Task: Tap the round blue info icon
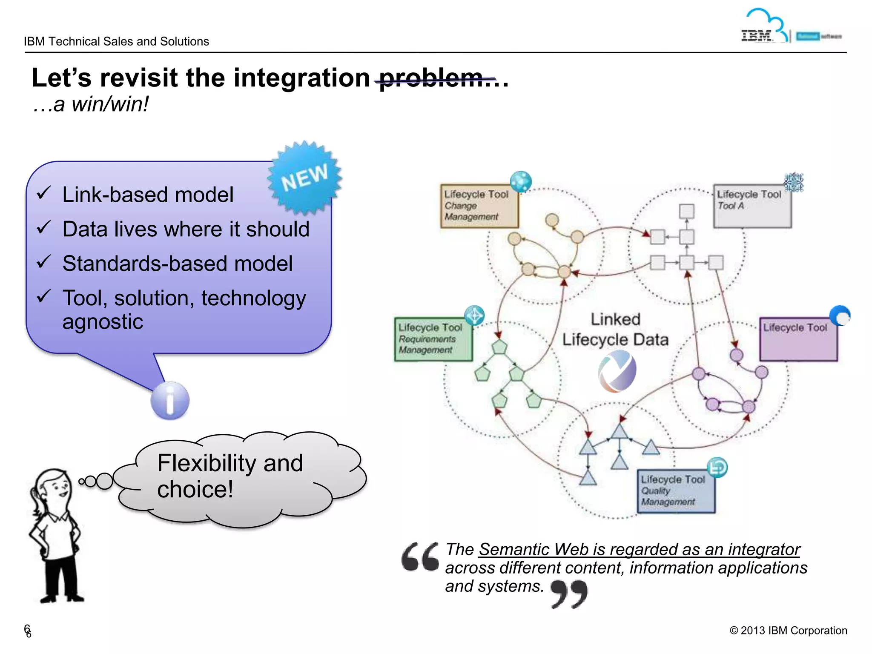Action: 170,400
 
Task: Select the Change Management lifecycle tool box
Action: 479,206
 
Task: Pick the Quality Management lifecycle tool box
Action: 676,491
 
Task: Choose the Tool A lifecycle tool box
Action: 752,206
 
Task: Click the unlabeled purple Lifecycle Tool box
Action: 798,339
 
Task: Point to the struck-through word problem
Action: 431,78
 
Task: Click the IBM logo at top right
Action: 756,36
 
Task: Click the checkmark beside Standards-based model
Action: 44,261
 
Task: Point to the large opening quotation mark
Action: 420,557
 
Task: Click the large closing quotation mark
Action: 569,594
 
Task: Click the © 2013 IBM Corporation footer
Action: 788,631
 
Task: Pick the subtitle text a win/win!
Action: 91,104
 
